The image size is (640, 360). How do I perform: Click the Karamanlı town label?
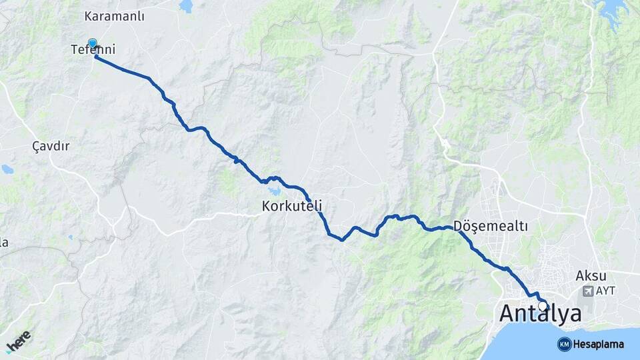[115, 15]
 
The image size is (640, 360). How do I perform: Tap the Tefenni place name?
[93, 50]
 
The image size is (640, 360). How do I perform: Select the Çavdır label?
[51, 145]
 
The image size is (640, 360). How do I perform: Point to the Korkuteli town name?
[292, 207]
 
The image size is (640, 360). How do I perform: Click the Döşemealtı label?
[490, 227]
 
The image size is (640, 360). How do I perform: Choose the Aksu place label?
[591, 275]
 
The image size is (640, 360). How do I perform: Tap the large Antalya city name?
[540, 313]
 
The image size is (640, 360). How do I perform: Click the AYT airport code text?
[605, 291]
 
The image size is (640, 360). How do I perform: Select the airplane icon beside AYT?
[587, 291]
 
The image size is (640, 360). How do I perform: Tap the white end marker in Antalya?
[543, 306]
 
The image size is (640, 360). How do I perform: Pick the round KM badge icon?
[564, 344]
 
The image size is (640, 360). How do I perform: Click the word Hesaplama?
[598, 344]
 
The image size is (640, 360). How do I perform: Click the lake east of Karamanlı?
[185, 6]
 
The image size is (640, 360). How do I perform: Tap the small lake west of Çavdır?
[7, 169]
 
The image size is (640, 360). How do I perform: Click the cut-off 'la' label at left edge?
[3, 243]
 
